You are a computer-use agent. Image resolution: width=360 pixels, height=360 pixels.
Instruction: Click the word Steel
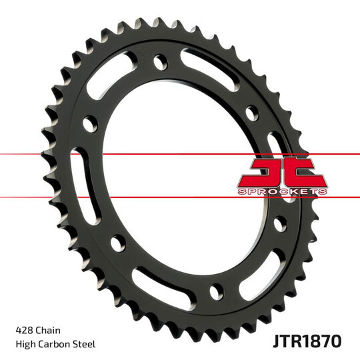tap(85, 344)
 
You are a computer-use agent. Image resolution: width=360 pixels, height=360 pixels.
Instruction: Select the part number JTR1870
tap(307, 340)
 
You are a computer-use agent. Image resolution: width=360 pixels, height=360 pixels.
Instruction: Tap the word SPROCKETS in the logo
tap(283, 191)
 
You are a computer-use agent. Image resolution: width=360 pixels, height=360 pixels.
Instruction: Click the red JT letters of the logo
tap(283, 172)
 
